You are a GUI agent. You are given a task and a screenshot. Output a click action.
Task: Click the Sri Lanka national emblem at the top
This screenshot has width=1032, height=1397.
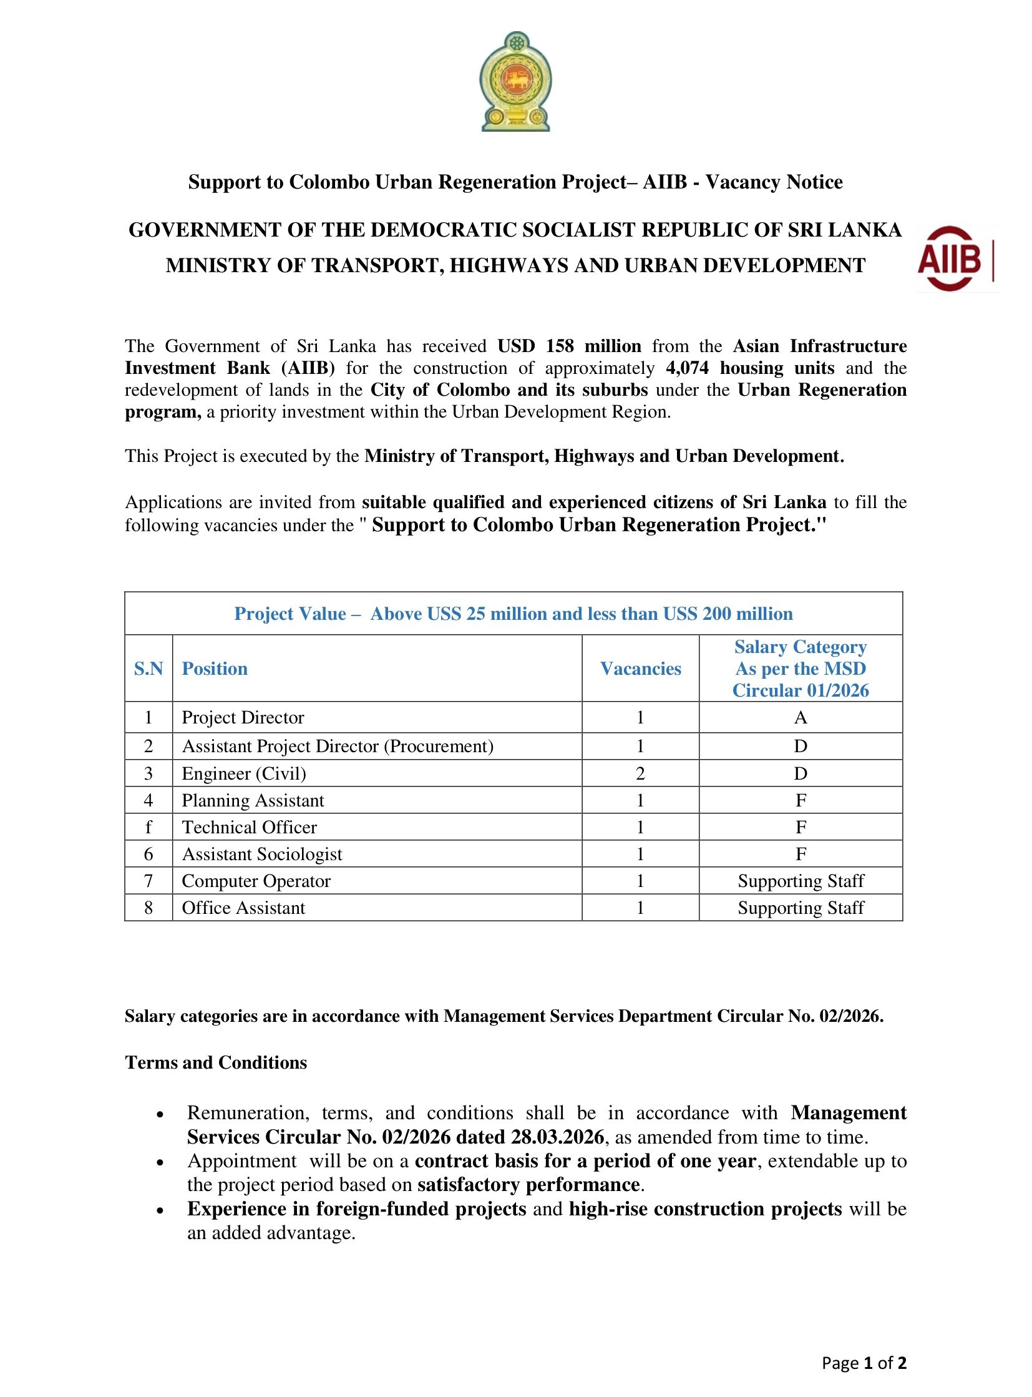[x=515, y=81]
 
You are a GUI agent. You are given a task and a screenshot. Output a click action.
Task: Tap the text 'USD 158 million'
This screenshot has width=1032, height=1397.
[x=569, y=346]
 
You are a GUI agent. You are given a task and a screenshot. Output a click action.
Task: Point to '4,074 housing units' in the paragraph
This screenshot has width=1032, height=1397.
[x=749, y=368]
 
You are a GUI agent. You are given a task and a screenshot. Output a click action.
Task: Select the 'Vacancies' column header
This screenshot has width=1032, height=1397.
[x=640, y=668]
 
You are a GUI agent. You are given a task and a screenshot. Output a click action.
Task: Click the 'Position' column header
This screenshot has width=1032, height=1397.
[x=214, y=668]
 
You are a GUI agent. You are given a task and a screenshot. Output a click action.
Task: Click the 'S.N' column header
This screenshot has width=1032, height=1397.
[x=148, y=668]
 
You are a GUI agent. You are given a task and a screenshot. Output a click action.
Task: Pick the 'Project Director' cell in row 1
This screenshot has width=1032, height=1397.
[x=242, y=717]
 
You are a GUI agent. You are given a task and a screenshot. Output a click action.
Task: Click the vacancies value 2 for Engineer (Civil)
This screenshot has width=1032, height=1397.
[x=640, y=773]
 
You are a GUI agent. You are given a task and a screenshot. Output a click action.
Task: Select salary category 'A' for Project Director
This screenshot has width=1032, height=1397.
[x=801, y=717]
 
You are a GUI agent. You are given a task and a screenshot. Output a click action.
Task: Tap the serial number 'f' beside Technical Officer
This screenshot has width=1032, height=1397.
[x=148, y=827]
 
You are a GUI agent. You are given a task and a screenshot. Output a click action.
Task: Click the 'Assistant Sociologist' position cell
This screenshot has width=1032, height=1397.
[x=262, y=854]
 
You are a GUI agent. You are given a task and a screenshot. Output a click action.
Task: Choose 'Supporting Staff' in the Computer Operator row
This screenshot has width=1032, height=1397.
[x=801, y=881]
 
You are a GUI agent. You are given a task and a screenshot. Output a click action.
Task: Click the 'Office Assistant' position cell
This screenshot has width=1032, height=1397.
[x=243, y=908]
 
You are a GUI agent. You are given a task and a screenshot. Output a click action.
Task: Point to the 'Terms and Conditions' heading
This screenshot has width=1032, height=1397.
[x=216, y=1062]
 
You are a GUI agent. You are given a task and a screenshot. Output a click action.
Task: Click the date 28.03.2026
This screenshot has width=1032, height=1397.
[x=557, y=1136]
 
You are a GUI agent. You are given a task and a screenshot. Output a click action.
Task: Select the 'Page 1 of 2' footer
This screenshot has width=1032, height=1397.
[x=864, y=1363]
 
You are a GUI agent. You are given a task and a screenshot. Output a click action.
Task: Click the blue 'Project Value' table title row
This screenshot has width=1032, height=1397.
[x=514, y=613]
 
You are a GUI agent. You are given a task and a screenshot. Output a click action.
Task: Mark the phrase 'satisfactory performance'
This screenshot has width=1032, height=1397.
[x=528, y=1185]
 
